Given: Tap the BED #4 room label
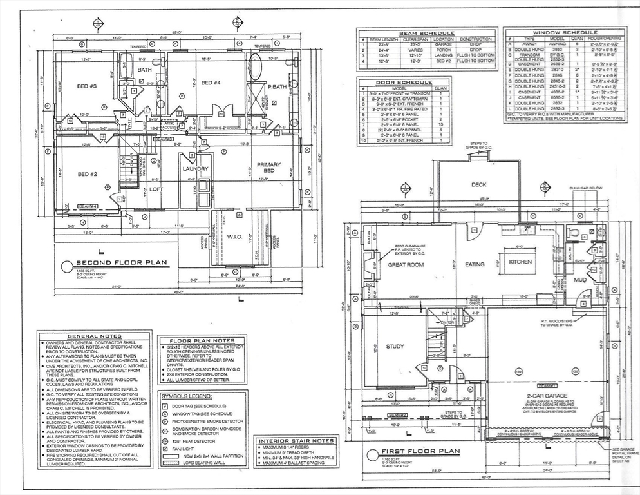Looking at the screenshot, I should (x=211, y=82).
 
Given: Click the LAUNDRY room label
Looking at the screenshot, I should (x=195, y=169).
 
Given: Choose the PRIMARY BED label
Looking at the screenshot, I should (x=269, y=168).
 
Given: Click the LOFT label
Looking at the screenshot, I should (x=156, y=189).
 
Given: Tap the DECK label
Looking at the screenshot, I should (x=478, y=184).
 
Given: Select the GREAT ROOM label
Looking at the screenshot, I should (x=406, y=264).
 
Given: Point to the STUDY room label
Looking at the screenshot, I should (x=395, y=347).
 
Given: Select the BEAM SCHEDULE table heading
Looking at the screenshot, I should (x=427, y=33).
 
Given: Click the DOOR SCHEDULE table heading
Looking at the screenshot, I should (x=404, y=82).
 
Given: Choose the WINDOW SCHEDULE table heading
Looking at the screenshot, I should (x=565, y=32).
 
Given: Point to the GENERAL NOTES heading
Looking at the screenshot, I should (x=94, y=336).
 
